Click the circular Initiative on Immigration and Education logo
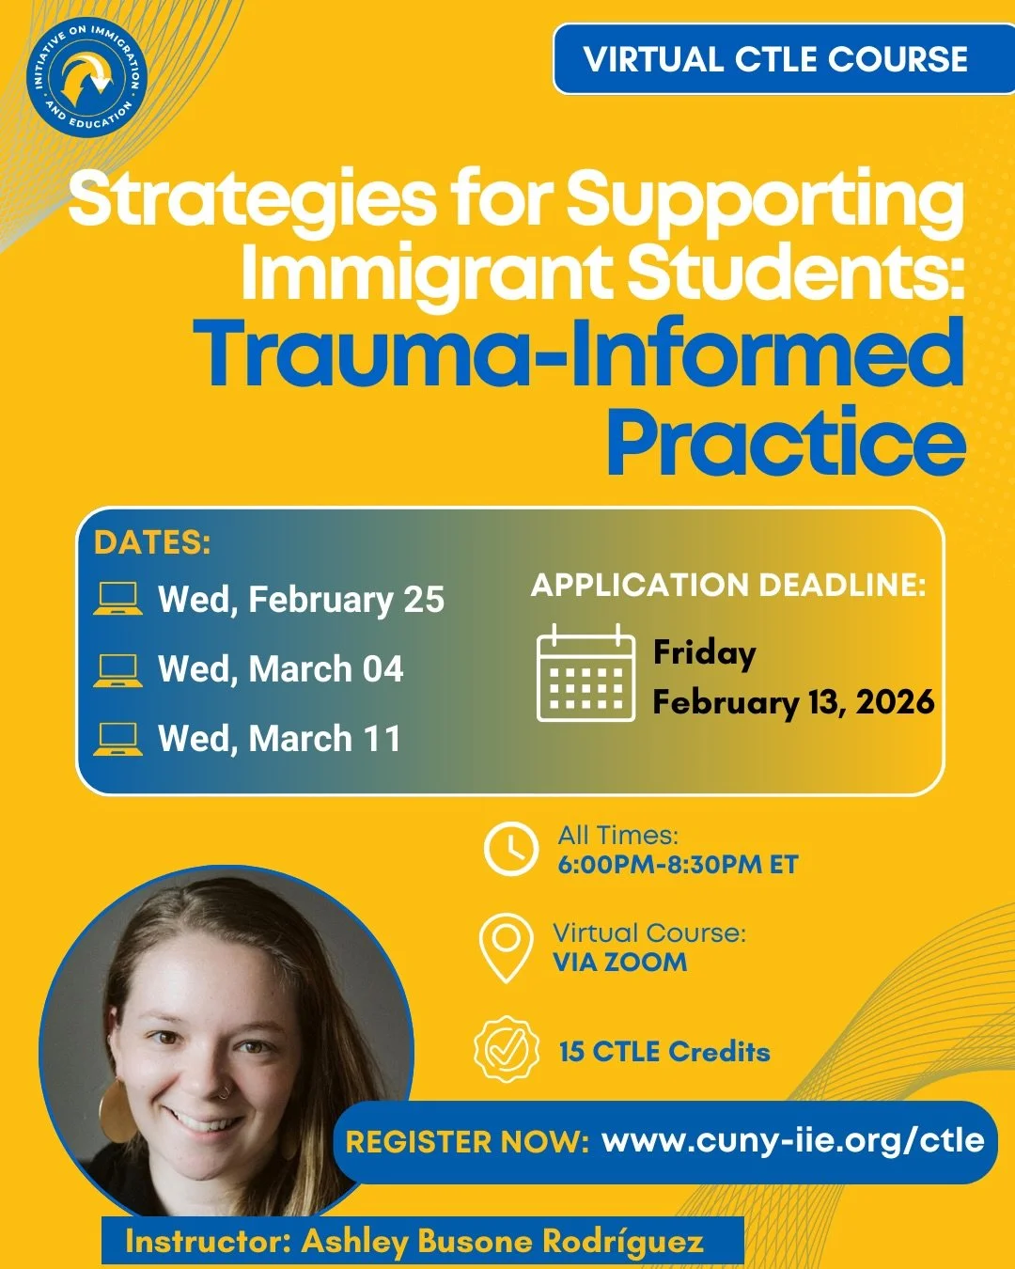(86, 77)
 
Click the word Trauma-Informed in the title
(579, 353)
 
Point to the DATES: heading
(152, 542)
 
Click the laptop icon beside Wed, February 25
(117, 599)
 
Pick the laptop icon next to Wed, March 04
(117, 669)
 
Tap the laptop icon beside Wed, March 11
(117, 739)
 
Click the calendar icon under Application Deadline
(585, 673)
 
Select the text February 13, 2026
(793, 701)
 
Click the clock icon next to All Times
(510, 848)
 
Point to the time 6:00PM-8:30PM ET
(678, 865)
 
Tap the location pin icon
(506, 948)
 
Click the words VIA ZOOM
(619, 962)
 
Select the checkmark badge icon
(507, 1049)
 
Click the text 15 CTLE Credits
(664, 1051)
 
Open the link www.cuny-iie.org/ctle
(792, 1140)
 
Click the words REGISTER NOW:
(467, 1141)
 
